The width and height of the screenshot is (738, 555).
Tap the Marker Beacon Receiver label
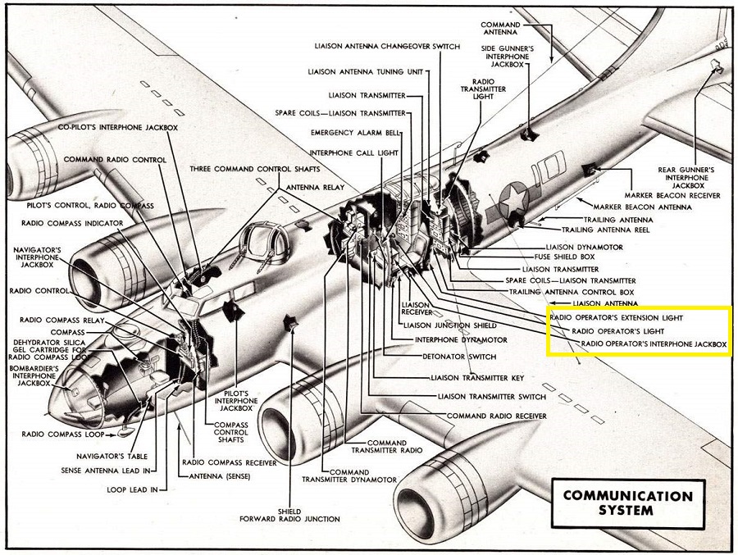coord(672,195)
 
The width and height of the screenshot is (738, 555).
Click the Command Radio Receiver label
coord(496,416)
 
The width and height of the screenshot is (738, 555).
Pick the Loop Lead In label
coord(127,491)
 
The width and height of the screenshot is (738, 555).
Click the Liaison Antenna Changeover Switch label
coord(395,47)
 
